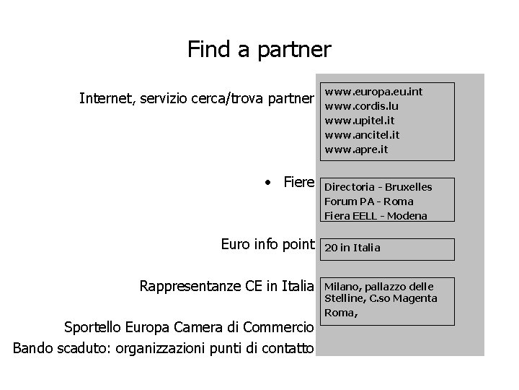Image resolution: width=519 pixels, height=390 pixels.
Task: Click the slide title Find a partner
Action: tap(259, 49)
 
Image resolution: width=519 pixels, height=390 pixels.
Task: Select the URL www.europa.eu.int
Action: tap(373, 92)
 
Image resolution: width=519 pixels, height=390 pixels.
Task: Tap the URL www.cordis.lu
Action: tap(362, 106)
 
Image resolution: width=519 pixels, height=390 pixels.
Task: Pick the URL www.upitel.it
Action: tap(360, 121)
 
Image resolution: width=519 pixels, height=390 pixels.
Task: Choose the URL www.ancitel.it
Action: tap(363, 135)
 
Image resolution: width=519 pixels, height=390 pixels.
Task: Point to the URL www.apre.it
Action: tap(356, 149)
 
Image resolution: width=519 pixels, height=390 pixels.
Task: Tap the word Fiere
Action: tap(299, 183)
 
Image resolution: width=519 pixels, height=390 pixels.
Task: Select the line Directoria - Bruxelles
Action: tap(378, 187)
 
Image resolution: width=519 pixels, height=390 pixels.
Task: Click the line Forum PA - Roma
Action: tap(369, 201)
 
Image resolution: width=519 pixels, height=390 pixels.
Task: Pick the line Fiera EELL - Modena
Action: tap(376, 215)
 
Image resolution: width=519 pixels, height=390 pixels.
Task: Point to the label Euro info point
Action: tap(268, 246)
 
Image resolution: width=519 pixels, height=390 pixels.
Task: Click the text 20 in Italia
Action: tap(352, 248)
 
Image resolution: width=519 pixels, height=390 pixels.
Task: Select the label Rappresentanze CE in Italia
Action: tap(227, 287)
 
